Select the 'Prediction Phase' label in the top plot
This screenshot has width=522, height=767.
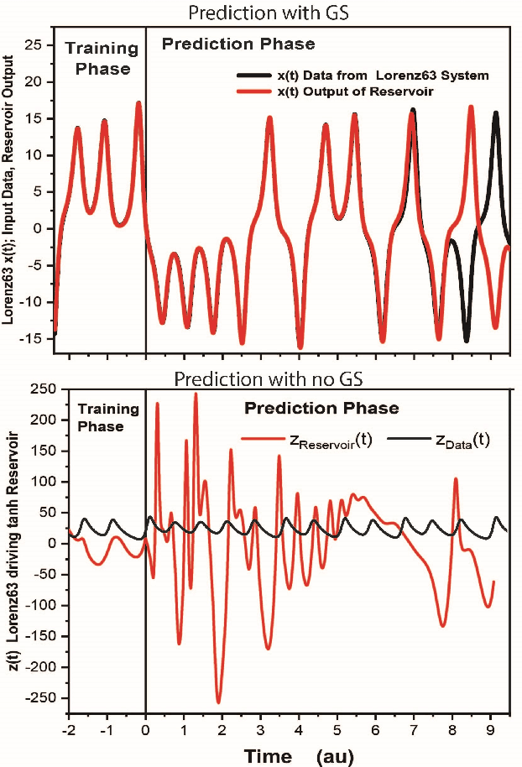(x=238, y=44)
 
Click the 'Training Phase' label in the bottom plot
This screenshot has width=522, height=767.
(x=107, y=417)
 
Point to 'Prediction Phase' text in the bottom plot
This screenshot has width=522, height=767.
(x=321, y=409)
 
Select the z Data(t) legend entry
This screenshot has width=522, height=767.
(x=457, y=440)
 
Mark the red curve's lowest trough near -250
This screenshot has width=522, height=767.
(x=219, y=702)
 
